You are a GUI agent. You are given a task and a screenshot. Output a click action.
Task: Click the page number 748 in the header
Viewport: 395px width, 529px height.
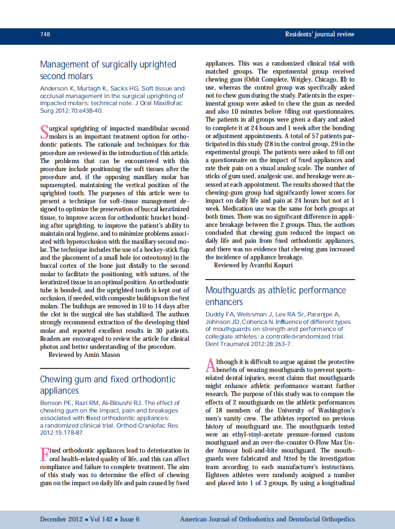pyautogui.click(x=45, y=34)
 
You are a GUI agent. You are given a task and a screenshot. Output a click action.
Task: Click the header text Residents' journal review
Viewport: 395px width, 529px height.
pyautogui.click(x=320, y=34)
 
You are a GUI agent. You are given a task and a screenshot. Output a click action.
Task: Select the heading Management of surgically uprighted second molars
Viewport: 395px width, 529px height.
pyautogui.click(x=108, y=70)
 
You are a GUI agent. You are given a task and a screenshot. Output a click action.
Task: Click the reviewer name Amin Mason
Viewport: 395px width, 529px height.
pyautogui.click(x=102, y=355)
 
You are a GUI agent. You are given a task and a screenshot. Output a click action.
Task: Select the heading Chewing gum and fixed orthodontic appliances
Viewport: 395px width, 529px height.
pyautogui.click(x=107, y=385)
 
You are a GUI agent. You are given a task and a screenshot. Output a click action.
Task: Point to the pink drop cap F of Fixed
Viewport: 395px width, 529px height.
pyautogui.click(x=44, y=454)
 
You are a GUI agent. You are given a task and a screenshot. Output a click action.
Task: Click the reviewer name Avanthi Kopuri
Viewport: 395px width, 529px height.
pyautogui.click(x=274, y=265)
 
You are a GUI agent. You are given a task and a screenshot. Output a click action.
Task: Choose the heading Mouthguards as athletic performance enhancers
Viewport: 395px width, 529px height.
pyautogui.click(x=275, y=296)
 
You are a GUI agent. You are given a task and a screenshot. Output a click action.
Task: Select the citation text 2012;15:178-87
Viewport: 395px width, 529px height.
pyautogui.click(x=62, y=433)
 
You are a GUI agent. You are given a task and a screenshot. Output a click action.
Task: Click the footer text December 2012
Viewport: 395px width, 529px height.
pyautogui.click(x=61, y=519)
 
